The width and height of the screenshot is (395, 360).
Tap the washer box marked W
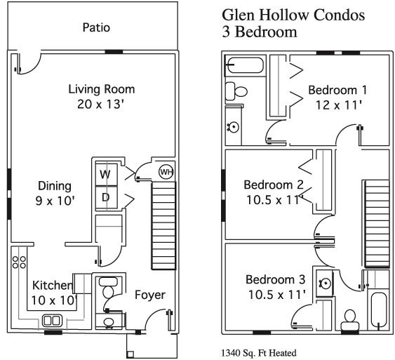106,175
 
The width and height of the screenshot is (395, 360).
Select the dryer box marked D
106,197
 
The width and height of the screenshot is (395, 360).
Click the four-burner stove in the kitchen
19,262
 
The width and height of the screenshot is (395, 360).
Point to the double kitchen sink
52,321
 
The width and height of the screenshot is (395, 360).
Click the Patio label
96,27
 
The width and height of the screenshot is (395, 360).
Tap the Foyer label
150,295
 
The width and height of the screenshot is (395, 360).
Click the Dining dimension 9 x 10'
55,201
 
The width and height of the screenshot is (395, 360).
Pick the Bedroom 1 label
337,91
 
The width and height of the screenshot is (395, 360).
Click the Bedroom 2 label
274,185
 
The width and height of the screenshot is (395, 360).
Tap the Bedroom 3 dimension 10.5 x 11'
277,294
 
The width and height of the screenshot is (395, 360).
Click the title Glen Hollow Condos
293,15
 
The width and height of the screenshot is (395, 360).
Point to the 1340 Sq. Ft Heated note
259,353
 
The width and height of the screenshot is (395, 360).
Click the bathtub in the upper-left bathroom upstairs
245,65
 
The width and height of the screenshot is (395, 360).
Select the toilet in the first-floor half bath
108,288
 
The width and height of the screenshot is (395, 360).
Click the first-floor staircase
163,226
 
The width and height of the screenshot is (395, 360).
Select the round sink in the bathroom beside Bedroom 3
325,284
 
